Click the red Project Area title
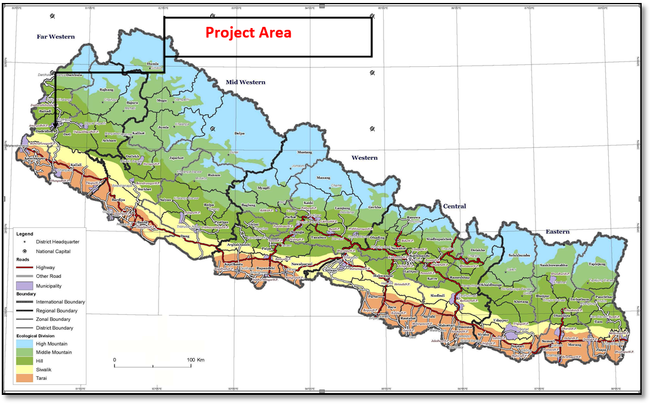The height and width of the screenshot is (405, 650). (248, 33)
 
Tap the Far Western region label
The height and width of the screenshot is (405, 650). (55, 37)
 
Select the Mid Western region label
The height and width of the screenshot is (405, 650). (245, 82)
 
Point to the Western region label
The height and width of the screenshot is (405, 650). (364, 158)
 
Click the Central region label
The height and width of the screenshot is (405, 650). (454, 206)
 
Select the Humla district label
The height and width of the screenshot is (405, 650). (153, 63)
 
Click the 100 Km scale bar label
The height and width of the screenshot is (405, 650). (195, 360)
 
